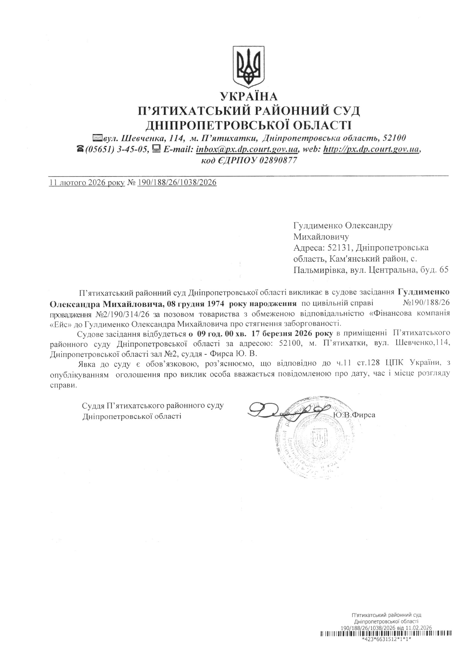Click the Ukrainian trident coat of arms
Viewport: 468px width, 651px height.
coord(248,67)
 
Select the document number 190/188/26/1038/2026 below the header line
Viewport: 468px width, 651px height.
coord(177,183)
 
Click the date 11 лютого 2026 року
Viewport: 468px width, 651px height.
coord(87,183)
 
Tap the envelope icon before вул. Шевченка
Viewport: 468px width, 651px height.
coord(97,138)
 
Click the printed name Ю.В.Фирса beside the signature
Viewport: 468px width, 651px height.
coord(354,415)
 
